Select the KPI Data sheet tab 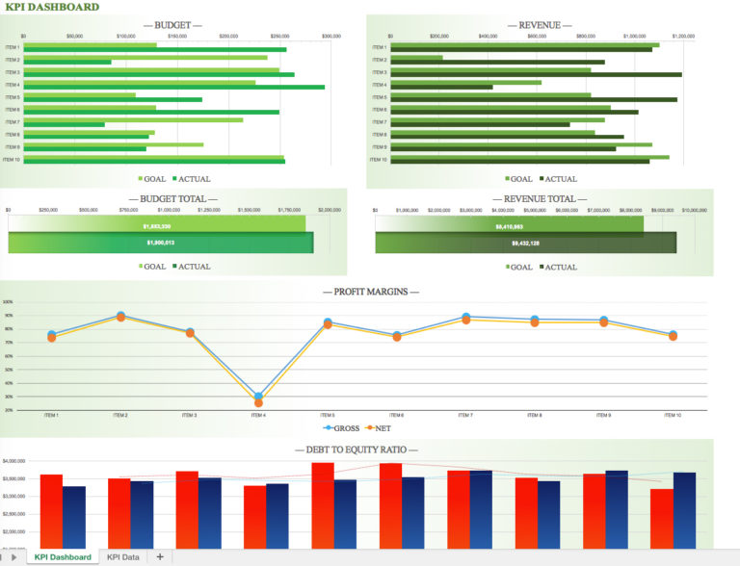tap(122, 556)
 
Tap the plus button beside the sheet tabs tap(160, 556)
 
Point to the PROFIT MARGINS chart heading tap(370, 291)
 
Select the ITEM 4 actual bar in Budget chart tap(173, 88)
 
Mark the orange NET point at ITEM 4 tap(258, 402)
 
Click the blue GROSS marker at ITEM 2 tap(120, 315)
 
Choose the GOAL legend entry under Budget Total tap(151, 267)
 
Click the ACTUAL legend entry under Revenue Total tap(559, 267)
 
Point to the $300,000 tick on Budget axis tap(330, 36)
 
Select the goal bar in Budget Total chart tap(156, 226)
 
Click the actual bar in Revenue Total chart tap(526, 244)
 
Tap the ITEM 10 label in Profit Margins tap(673, 415)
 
